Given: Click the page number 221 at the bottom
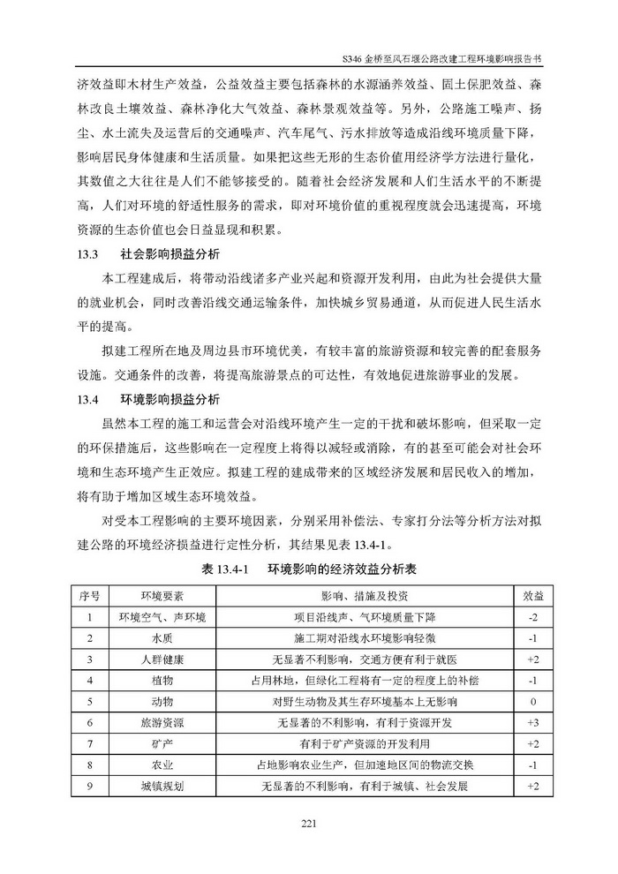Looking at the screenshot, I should [x=308, y=824].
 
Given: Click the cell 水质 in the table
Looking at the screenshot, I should [x=162, y=637].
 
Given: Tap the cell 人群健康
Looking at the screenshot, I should [x=162, y=659].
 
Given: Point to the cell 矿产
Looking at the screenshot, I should [x=162, y=743].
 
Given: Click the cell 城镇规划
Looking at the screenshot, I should [x=162, y=786].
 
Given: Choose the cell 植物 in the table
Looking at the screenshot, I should [x=162, y=680].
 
